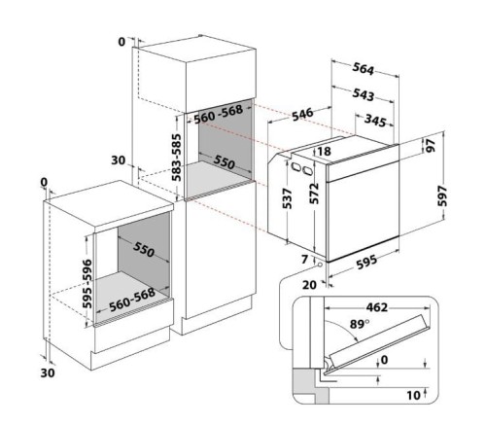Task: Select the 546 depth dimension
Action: [x=302, y=115]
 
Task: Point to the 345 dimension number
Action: [x=379, y=120]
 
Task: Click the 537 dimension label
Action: [x=288, y=197]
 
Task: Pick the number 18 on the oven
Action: [x=324, y=151]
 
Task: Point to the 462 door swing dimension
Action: [x=377, y=308]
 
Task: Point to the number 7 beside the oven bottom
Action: [x=303, y=260]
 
